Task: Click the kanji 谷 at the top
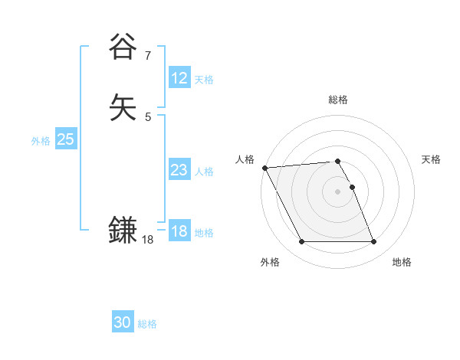click(123, 47)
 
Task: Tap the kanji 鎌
click(123, 230)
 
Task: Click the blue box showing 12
click(179, 78)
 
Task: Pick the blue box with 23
click(179, 170)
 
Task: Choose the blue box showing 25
click(65, 139)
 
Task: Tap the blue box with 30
click(123, 322)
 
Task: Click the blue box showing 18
click(179, 231)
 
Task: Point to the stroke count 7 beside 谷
click(148, 55)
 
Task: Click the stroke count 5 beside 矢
click(148, 117)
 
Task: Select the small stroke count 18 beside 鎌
click(148, 240)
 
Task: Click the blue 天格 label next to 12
click(204, 80)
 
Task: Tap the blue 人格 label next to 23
click(204, 172)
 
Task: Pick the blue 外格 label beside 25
click(41, 141)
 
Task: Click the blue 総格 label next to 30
click(147, 324)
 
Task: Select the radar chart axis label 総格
click(338, 100)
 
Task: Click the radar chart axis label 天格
click(431, 159)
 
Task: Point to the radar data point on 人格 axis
click(264, 168)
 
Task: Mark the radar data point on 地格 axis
click(373, 242)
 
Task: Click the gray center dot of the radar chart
click(338, 191)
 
